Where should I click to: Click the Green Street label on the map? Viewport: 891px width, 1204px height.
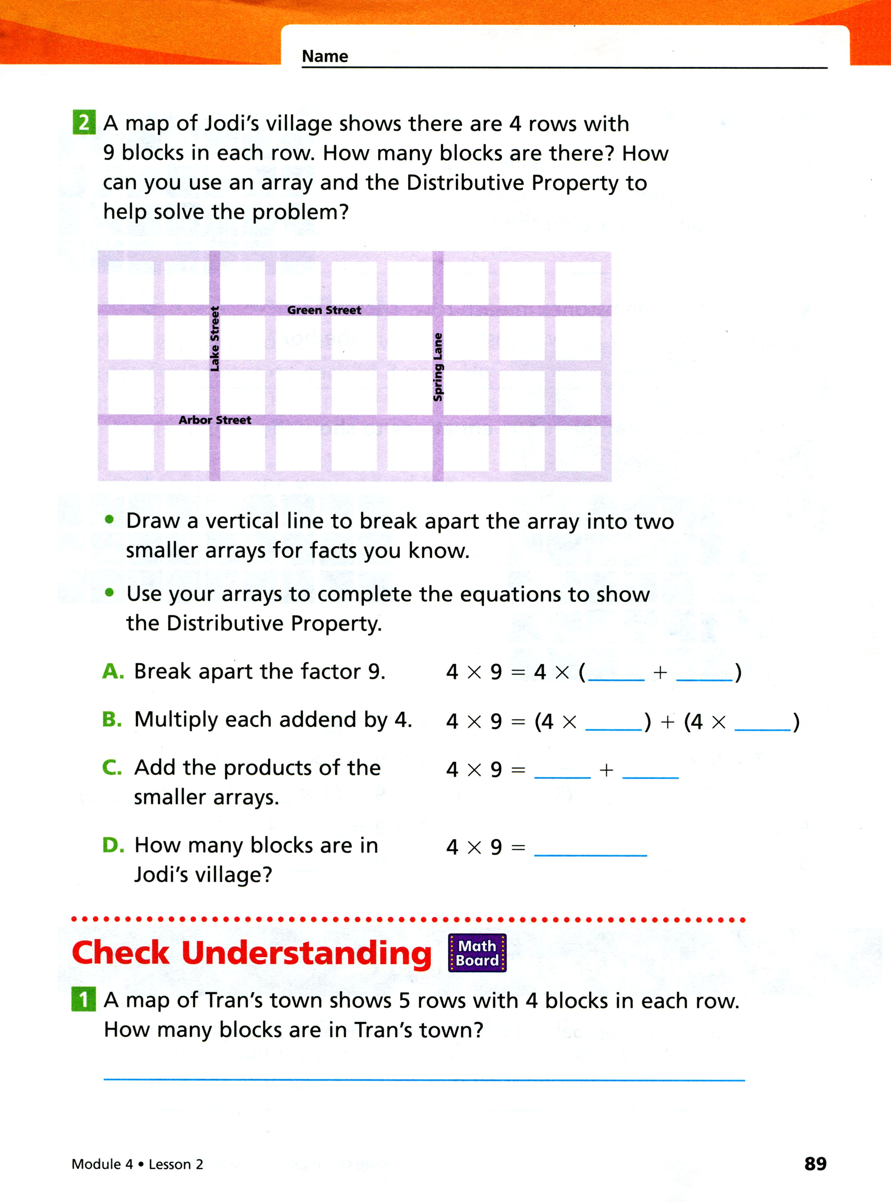(324, 310)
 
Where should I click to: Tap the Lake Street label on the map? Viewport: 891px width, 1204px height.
(215, 339)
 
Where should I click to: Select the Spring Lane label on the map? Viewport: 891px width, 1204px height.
(438, 367)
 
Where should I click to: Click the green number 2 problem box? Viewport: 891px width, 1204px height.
(84, 123)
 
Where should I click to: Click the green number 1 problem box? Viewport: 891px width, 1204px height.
(84, 1000)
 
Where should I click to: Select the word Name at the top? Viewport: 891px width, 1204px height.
(325, 56)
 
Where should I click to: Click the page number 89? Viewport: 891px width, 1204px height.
(815, 1163)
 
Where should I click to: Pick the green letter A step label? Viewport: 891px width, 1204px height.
(113, 671)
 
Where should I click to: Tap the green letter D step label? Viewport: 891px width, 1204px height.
(113, 845)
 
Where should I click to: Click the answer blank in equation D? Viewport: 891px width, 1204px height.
(590, 848)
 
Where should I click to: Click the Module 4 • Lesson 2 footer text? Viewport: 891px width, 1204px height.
(137, 1164)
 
